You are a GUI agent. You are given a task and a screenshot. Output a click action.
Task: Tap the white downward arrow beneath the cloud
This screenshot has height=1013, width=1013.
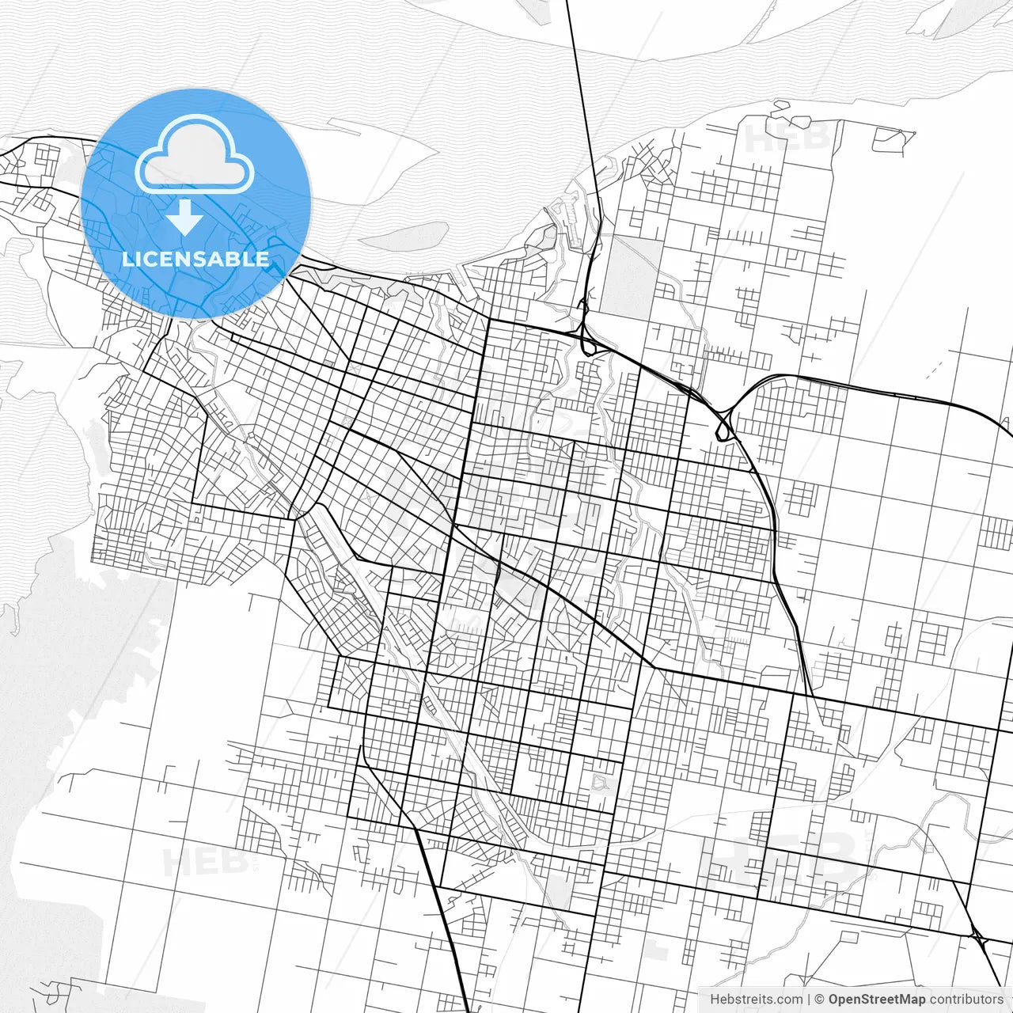point(185,218)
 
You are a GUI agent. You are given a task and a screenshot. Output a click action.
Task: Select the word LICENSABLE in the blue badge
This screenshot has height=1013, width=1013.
point(195,259)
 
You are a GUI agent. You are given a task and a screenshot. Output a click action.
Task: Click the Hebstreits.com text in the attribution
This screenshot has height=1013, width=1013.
point(756,1000)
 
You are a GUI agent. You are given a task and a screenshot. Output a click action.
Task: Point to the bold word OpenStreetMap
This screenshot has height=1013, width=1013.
point(877,1000)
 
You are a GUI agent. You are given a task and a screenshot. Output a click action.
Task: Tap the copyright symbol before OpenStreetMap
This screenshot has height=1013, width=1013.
point(820,1000)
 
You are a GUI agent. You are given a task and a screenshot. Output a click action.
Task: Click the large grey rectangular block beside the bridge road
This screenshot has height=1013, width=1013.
point(632,277)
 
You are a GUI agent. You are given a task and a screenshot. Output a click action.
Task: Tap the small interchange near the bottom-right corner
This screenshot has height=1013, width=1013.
point(980,942)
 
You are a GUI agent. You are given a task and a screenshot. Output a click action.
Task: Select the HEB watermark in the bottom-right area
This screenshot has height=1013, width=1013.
point(783,859)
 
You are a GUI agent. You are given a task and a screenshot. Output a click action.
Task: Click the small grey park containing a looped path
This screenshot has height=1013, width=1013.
point(604,783)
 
